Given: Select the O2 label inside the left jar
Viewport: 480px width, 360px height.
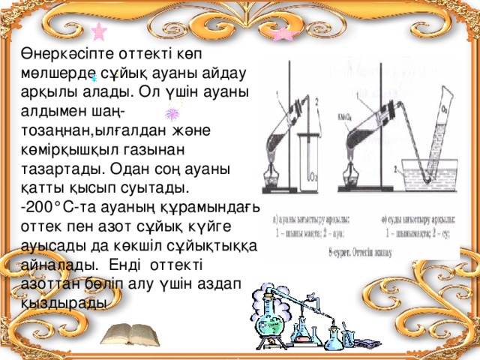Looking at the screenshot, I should click(313, 178).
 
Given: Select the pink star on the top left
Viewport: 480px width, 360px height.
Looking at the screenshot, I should click(98, 32).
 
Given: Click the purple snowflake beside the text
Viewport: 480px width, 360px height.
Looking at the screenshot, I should click(171, 114).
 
